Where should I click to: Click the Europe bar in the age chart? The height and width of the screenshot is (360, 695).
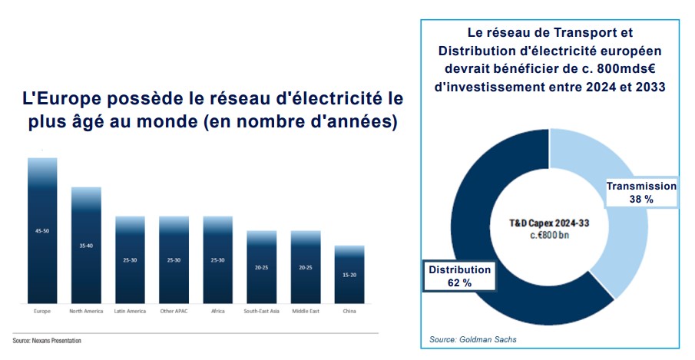pos(42,230)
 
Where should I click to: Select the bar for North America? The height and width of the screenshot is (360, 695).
pos(86,246)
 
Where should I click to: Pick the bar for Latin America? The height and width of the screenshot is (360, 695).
pos(130,260)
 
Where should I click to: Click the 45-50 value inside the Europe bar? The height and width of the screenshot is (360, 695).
pos(42,230)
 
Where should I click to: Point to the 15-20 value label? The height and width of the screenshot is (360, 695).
pos(349,274)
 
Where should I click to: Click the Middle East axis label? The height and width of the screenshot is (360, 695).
pos(305,312)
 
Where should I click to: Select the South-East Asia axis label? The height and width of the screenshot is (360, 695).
pos(261,312)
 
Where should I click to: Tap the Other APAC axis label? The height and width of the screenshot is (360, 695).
pos(174,312)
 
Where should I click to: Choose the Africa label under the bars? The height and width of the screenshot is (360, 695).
pos(217,312)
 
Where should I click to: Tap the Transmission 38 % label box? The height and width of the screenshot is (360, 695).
pos(641,192)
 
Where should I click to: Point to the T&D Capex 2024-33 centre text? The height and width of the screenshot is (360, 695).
pos(549,222)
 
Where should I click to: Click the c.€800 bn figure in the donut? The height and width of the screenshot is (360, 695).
pos(549,234)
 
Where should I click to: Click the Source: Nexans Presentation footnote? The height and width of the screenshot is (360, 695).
pos(47,340)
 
